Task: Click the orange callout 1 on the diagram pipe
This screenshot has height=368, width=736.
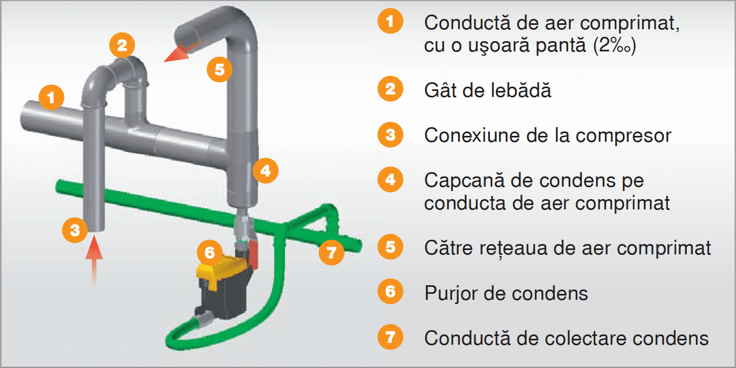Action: click(51, 98)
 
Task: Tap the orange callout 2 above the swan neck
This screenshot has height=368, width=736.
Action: click(122, 45)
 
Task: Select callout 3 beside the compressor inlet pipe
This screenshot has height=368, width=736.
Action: click(75, 230)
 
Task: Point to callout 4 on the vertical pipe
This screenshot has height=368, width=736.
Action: click(265, 171)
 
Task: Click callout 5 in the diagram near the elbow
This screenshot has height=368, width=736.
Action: click(219, 69)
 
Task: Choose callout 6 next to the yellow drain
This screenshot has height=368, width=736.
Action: click(210, 252)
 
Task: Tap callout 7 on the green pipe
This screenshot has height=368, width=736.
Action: click(331, 252)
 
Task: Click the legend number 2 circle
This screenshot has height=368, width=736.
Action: click(390, 89)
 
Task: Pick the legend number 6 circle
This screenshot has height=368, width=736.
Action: click(390, 293)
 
